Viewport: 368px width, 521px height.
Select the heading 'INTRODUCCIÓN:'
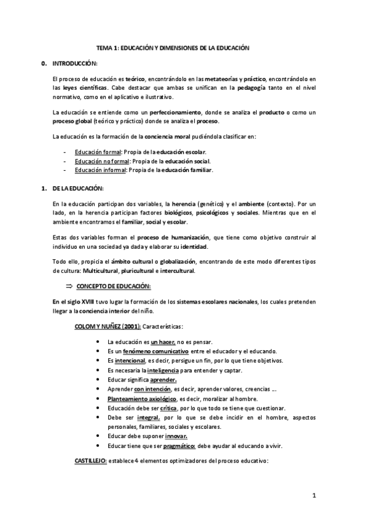tap(75, 64)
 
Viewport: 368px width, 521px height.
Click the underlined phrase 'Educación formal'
tap(98, 152)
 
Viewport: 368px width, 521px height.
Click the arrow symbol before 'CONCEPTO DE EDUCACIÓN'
tap(69, 286)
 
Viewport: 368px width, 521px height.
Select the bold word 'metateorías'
tap(223, 80)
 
